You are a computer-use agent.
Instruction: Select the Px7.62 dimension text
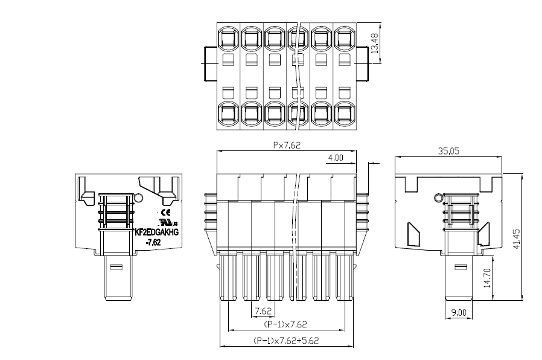click(x=286, y=145)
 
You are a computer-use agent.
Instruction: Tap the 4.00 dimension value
click(x=335, y=158)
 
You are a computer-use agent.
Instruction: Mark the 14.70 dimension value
click(x=486, y=277)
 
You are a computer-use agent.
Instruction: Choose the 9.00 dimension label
click(x=459, y=312)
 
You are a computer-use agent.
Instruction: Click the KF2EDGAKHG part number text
click(x=156, y=232)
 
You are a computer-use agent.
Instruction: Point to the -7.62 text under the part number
click(x=153, y=242)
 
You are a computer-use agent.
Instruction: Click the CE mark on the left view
click(x=167, y=213)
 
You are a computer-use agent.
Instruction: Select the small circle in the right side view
click(x=439, y=198)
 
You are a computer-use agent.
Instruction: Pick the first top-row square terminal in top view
click(x=228, y=39)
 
